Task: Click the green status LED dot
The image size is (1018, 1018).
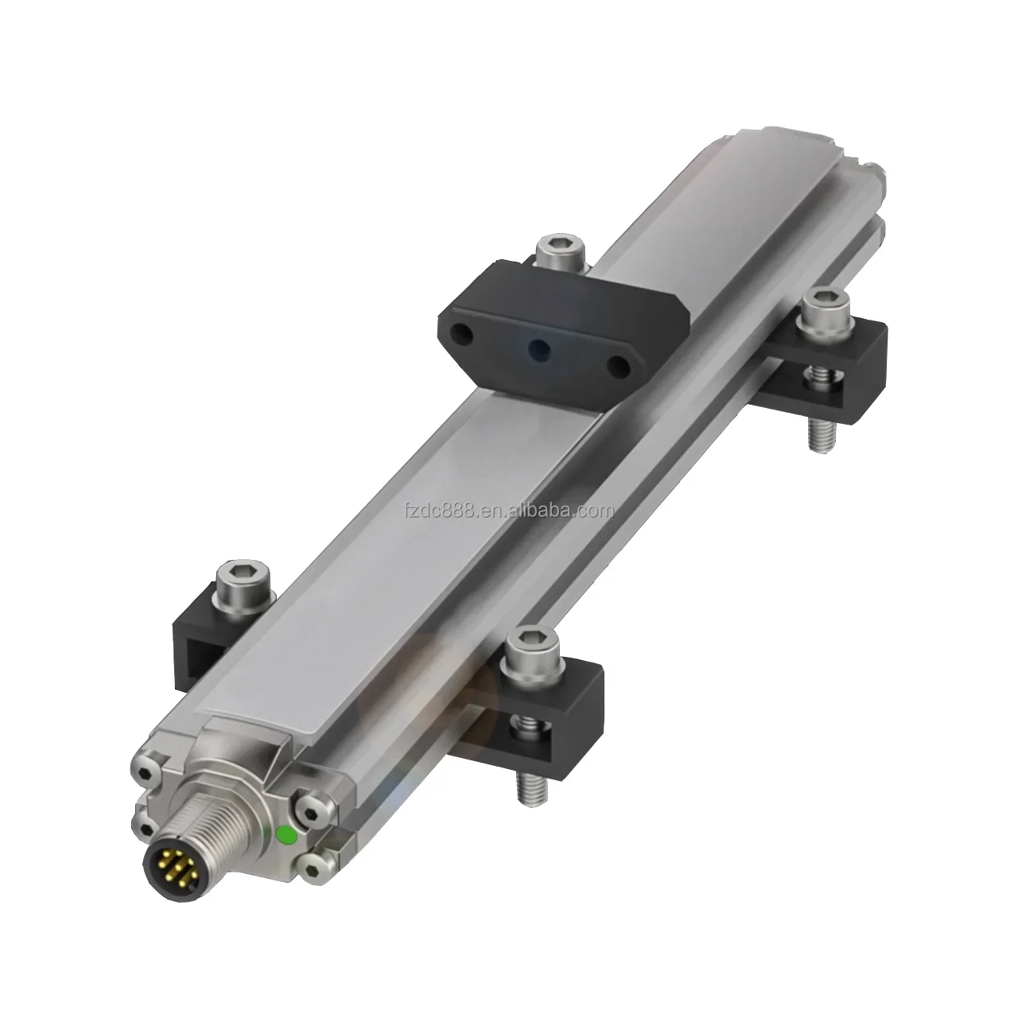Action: (286, 835)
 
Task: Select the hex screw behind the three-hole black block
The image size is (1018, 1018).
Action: (561, 251)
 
